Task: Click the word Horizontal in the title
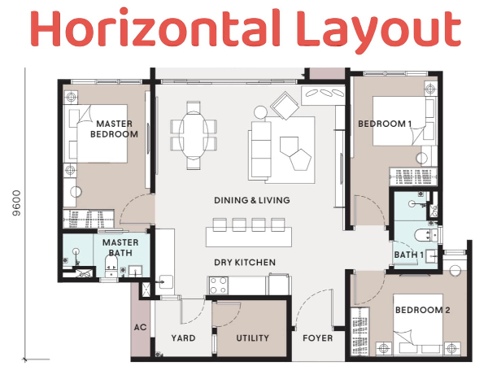pos(155,28)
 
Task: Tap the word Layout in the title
pos(379,31)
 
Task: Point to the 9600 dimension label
pos(16,203)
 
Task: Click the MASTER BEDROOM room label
pos(114,129)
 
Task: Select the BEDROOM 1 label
pos(385,124)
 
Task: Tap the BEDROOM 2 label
pos(422,310)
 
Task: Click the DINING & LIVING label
pos(252,200)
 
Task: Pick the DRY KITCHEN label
pos(245,263)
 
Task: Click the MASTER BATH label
pos(120,247)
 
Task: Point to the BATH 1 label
pos(409,255)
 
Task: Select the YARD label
pos(183,338)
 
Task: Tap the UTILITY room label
pos(252,338)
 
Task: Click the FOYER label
pos(317,338)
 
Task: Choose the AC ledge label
pos(141,328)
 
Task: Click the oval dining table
pos(194,135)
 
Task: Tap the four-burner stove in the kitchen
pos(218,285)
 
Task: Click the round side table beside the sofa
pos(260,112)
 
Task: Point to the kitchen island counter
pos(249,237)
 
